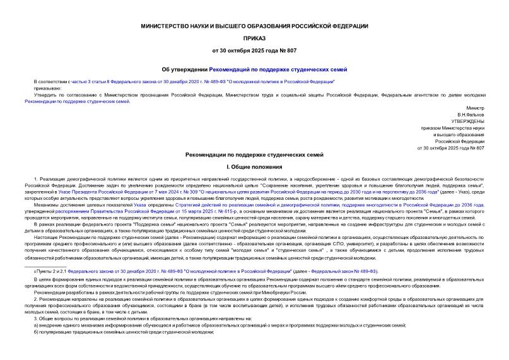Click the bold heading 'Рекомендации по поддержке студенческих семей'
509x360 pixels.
tap(255, 154)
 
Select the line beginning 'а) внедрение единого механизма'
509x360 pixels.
tap(221, 325)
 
